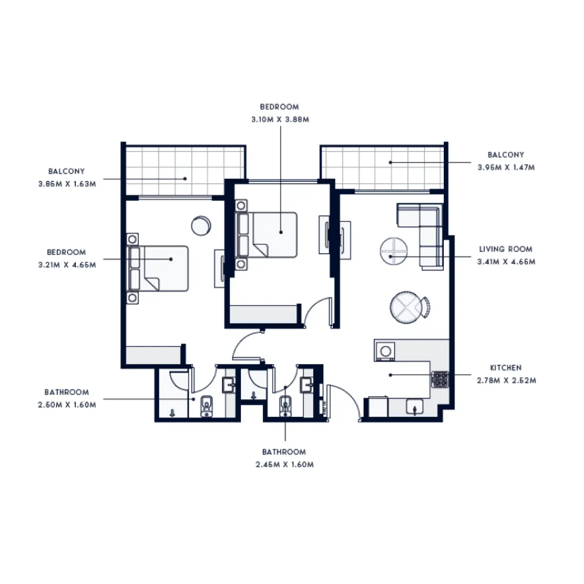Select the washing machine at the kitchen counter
click(x=385, y=350)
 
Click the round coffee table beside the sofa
click(x=393, y=251)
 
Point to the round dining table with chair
click(x=407, y=307)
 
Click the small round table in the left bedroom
click(x=201, y=225)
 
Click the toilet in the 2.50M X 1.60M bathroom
click(x=206, y=407)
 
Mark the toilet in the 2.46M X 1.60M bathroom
click(x=286, y=406)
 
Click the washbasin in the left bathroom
click(x=229, y=384)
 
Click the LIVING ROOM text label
click(x=505, y=249)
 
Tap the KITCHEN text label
click(x=505, y=367)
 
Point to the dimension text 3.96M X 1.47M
click(x=505, y=167)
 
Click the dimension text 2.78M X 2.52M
click(x=505, y=380)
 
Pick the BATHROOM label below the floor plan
click(x=284, y=452)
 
